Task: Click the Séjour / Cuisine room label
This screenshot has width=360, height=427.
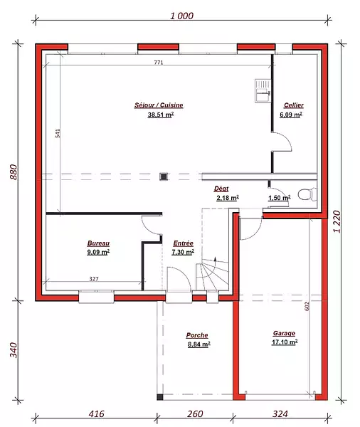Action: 159,105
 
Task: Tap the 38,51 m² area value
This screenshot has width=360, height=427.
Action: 161,115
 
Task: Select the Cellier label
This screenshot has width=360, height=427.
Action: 294,105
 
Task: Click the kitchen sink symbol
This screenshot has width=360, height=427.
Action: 263,90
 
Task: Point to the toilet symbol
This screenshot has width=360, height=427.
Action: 307,194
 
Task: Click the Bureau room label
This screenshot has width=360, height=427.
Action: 98,243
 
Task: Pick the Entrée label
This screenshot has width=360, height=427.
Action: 184,243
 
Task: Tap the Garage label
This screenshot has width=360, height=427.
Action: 284,333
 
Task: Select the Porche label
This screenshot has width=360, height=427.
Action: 197,335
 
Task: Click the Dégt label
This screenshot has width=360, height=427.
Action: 221,189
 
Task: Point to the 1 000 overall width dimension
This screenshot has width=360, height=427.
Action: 182,16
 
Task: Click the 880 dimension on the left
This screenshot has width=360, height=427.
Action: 14,172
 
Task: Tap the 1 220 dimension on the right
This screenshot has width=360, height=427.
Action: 337,221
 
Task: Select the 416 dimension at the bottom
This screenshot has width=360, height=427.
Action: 96,414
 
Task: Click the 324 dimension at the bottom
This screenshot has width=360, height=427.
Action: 280,414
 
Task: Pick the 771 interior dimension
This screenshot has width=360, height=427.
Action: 159,63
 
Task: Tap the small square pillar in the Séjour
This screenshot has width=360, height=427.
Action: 164,176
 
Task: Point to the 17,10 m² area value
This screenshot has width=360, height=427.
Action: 285,342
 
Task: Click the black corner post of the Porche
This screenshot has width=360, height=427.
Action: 160,397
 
